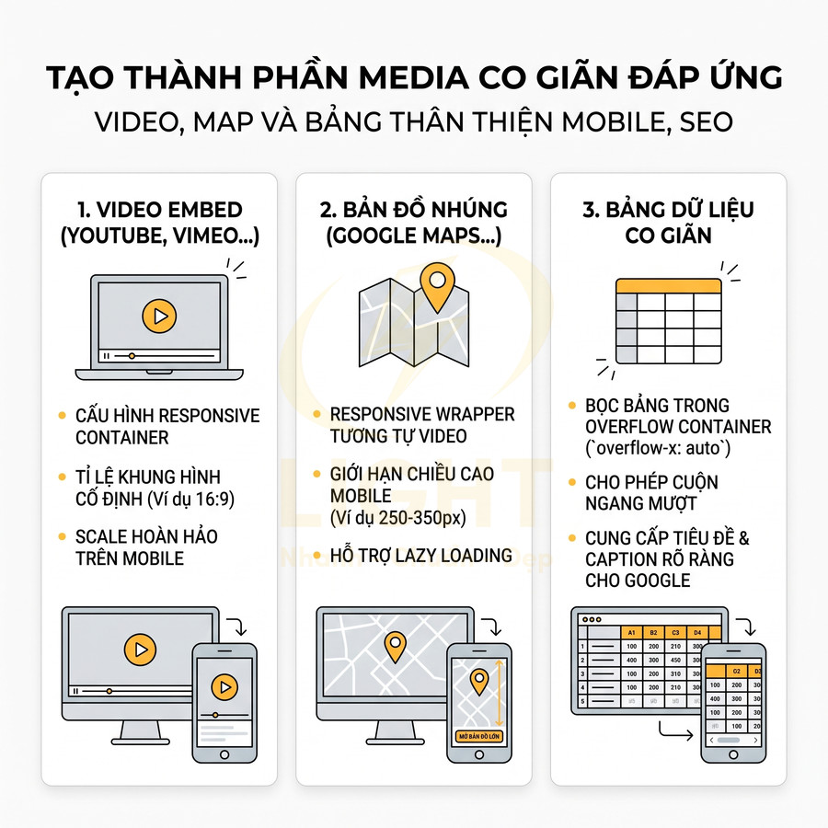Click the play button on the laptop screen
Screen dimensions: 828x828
159,316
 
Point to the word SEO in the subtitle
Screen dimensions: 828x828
706,121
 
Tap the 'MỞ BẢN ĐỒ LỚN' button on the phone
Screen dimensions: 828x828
477,735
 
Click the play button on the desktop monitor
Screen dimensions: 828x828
138,650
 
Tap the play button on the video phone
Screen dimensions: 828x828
224,686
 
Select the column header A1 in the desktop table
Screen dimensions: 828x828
631,632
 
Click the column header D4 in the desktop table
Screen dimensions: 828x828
697,632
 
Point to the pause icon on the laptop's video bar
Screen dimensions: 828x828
107,355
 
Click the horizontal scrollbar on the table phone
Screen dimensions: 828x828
732,740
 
